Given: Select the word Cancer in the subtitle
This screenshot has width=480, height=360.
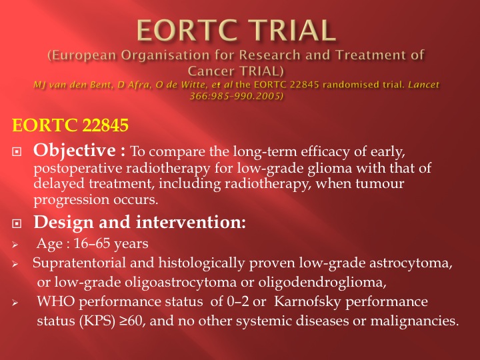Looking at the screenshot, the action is point(210,71).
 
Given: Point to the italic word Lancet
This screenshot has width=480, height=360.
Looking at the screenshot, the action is point(424,85).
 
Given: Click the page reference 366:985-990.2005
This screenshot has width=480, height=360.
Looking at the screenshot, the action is point(235,96).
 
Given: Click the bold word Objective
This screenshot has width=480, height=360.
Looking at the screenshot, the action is point(75,150).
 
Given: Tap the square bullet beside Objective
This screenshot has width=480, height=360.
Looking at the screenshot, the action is point(17,151).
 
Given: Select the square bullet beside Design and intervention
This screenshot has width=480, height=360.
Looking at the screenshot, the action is point(17,223).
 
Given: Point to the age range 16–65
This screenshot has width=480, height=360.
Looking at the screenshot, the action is point(91,244).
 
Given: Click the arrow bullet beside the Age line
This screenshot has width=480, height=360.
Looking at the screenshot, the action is point(15,245).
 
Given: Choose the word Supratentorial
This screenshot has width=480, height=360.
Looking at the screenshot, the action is point(79,263).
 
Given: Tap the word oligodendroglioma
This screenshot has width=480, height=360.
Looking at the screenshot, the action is point(322,282).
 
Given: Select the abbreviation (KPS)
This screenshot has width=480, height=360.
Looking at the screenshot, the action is point(97,321).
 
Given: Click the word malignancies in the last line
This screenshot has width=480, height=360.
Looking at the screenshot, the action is point(414,321).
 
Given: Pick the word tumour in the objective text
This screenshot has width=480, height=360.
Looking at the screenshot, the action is point(379,184).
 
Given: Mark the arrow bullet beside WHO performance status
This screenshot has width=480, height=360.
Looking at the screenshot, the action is point(15,303).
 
